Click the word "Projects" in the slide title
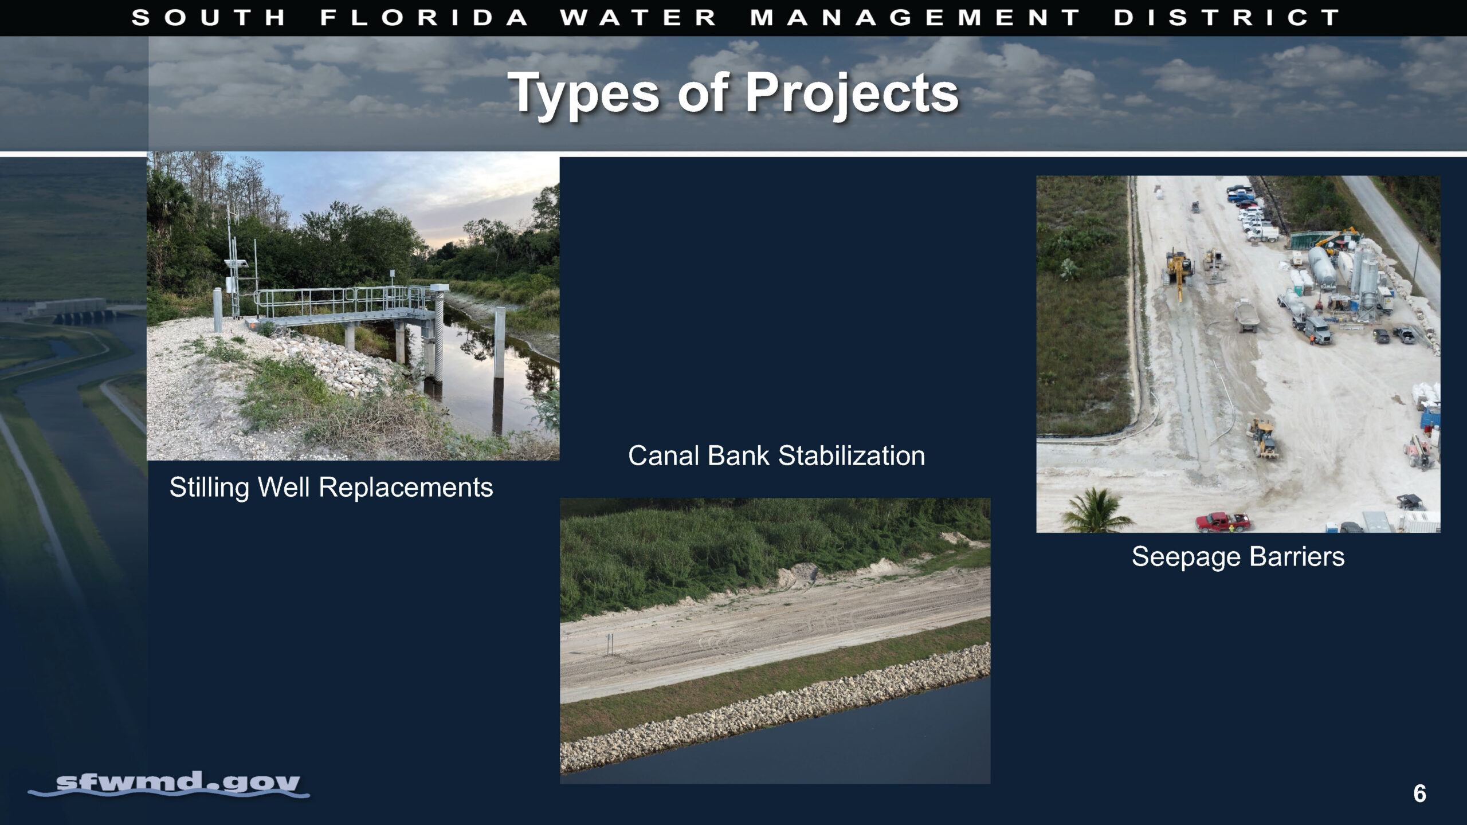point(852,94)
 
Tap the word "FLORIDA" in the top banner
point(425,18)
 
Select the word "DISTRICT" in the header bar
point(1226,18)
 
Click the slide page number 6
point(1419,793)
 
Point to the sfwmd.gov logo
point(169,784)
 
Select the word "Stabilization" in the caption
point(852,456)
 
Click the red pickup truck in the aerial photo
point(1222,521)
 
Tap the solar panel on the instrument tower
point(236,264)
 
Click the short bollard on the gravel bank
point(218,311)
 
